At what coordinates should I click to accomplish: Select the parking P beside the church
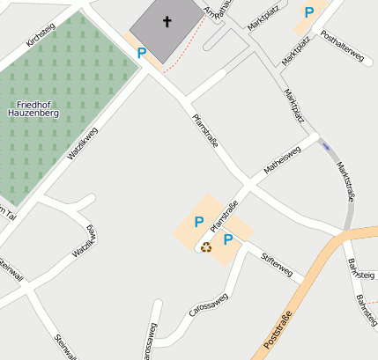(x=141, y=53)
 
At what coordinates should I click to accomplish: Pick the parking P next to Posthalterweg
(x=309, y=12)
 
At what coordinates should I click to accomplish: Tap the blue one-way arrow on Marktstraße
(x=326, y=147)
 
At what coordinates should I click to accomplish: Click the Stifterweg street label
(x=277, y=265)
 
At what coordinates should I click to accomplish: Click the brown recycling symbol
(x=206, y=247)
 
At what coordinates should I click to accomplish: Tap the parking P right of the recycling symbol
(x=227, y=239)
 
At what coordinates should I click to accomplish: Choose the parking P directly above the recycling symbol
(x=199, y=222)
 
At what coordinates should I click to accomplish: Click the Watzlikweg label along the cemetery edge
(x=82, y=143)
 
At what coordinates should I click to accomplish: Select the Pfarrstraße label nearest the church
(x=205, y=129)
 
